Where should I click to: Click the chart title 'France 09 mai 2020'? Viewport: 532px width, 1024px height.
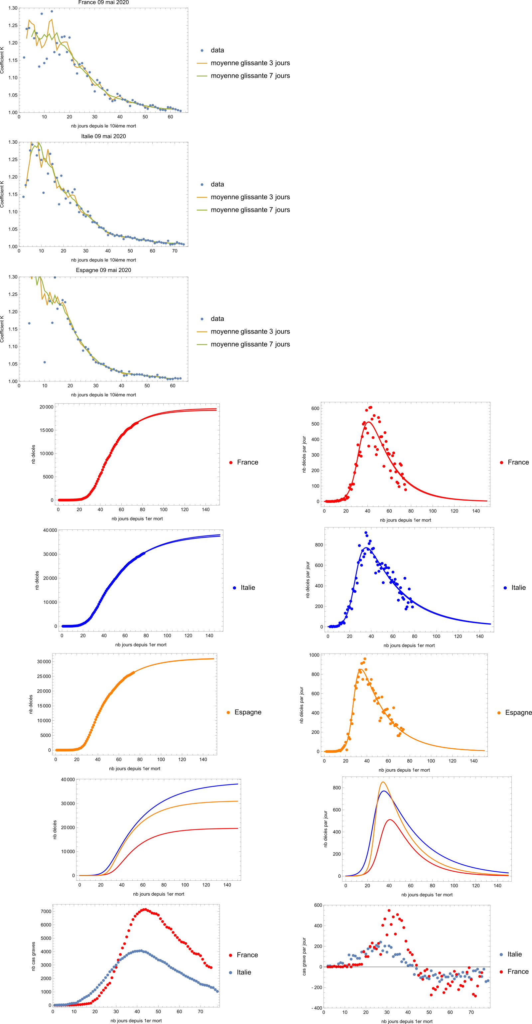pyautogui.click(x=103, y=2)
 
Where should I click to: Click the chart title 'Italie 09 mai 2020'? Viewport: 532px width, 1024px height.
pyautogui.click(x=103, y=136)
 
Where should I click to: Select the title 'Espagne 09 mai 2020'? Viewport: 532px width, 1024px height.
pyautogui.click(x=103, y=270)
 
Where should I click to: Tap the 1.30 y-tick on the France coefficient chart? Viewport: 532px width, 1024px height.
pyautogui.click(x=13, y=8)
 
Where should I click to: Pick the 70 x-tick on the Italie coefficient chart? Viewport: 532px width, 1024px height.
pyautogui.click(x=175, y=251)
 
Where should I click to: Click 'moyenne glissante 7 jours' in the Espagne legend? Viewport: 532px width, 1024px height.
pyautogui.click(x=250, y=344)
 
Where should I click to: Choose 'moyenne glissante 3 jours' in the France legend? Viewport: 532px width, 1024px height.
pyautogui.click(x=250, y=63)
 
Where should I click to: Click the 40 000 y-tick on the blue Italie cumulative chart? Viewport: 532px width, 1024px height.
pyautogui.click(x=50, y=530)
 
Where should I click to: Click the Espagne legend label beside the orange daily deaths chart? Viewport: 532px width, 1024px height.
pyautogui.click(x=518, y=712)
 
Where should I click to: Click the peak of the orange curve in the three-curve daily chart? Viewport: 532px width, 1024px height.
pyautogui.click(x=383, y=782)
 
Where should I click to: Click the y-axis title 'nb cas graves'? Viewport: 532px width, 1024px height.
pyautogui.click(x=33, y=956)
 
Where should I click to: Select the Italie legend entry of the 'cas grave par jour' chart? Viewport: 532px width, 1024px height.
pyautogui.click(x=514, y=954)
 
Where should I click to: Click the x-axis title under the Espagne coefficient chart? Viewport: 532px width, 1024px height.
pyautogui.click(x=103, y=395)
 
